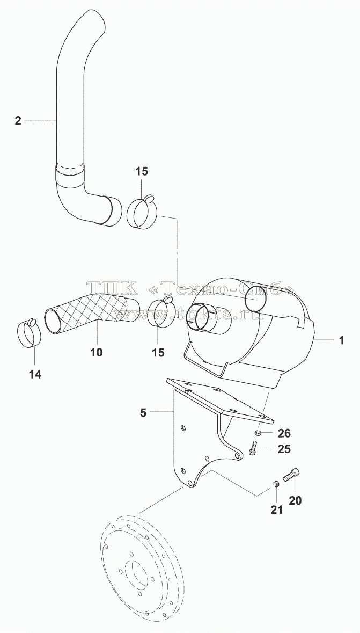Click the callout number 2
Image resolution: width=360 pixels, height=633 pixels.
(18, 120)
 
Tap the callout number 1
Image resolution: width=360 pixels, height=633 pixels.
(341, 340)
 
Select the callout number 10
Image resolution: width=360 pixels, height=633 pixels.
(96, 352)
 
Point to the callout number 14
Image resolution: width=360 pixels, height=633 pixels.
(35, 374)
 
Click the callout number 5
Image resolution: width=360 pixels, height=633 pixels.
(143, 412)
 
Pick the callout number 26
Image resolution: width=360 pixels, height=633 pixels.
(284, 433)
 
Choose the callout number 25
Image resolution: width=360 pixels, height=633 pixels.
(284, 449)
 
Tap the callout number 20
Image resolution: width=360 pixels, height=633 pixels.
(295, 500)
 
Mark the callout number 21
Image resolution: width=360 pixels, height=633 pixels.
(276, 510)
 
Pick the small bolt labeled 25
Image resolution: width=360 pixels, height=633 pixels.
(253, 449)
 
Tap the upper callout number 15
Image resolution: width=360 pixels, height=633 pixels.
(141, 171)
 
